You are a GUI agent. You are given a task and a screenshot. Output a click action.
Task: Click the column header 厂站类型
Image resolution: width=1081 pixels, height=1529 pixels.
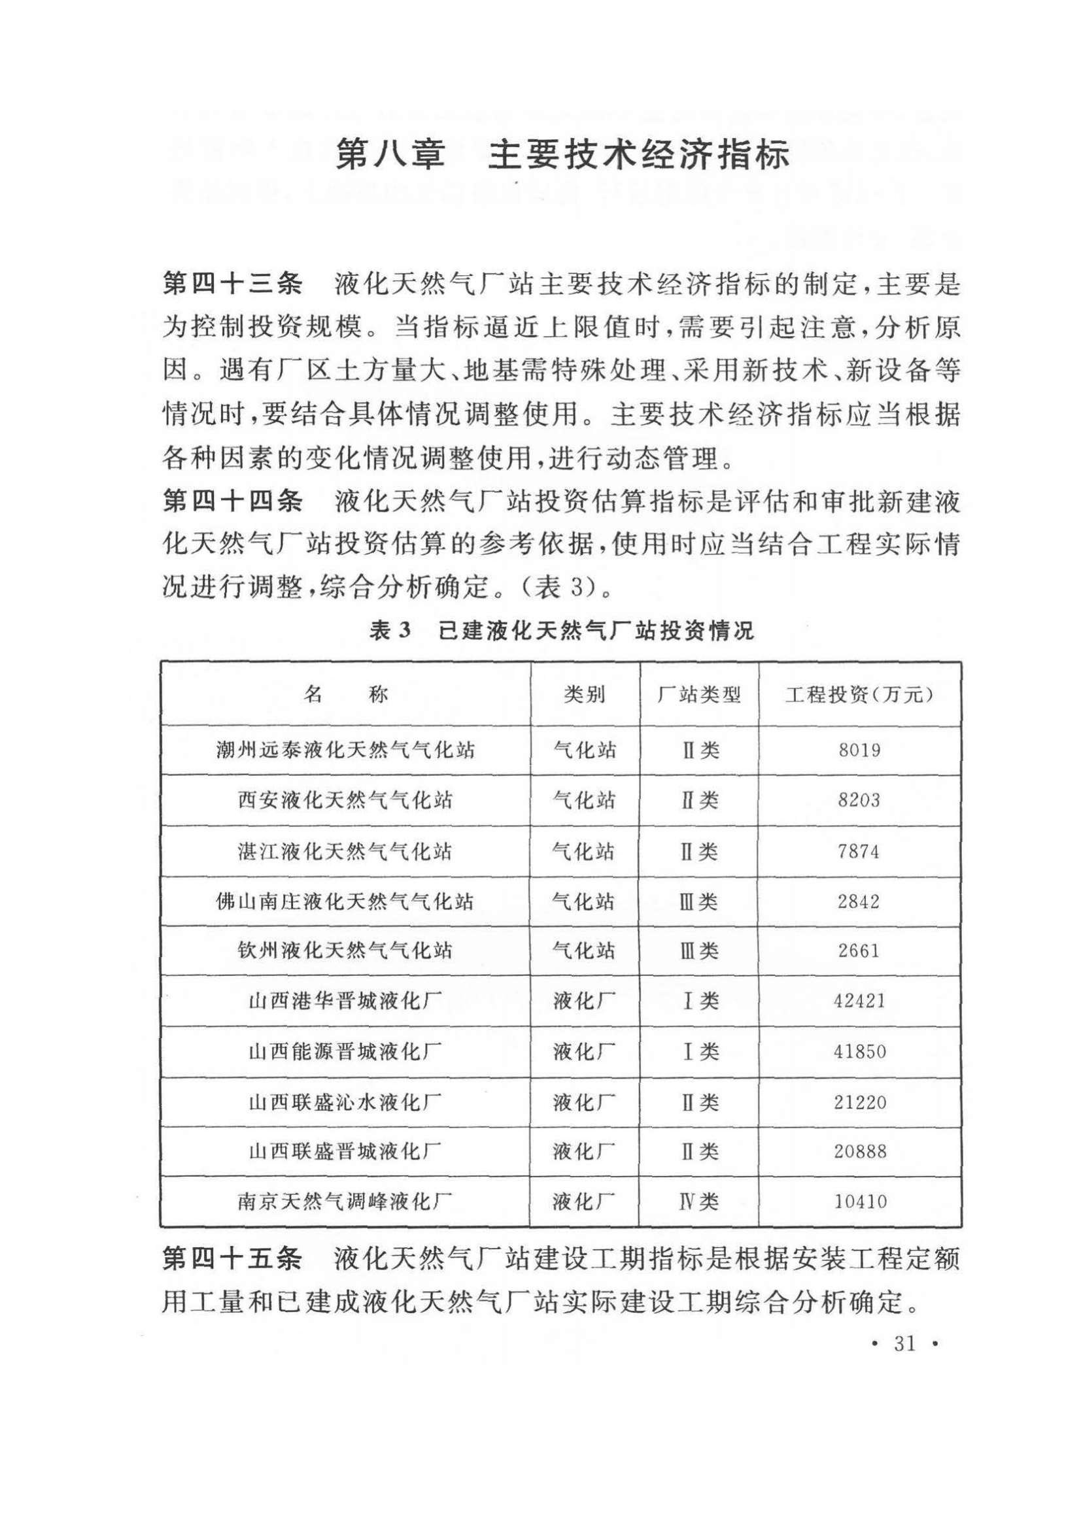(x=698, y=696)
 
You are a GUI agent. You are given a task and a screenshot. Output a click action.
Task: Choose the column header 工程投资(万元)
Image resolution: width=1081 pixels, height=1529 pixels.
(x=859, y=696)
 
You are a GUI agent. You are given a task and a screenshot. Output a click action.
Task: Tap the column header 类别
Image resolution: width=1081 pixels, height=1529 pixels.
(x=584, y=696)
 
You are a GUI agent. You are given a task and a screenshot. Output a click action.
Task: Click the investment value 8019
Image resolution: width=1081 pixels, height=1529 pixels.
(x=859, y=750)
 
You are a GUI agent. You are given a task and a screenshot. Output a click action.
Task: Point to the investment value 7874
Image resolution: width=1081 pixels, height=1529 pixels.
(x=859, y=851)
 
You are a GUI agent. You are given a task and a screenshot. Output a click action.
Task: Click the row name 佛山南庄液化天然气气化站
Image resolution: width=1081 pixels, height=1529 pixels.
(x=345, y=901)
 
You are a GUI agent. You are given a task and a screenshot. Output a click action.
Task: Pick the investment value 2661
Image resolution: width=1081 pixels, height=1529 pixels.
(x=859, y=951)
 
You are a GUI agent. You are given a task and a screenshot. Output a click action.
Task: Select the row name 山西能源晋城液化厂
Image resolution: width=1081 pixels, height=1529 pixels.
(x=345, y=1052)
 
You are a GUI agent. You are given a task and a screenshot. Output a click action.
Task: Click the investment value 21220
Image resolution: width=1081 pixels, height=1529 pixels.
(x=859, y=1102)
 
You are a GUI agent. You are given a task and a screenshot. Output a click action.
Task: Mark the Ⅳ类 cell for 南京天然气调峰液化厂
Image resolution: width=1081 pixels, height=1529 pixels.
(x=698, y=1202)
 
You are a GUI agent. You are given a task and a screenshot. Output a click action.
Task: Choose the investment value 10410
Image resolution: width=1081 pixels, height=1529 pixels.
(x=859, y=1202)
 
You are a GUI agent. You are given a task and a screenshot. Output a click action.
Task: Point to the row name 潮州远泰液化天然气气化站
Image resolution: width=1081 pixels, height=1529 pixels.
(x=345, y=750)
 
